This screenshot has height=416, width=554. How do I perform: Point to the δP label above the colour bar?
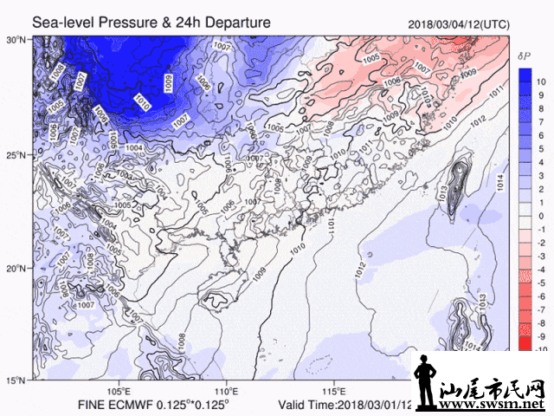524,56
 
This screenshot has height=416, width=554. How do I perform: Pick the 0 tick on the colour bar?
540,215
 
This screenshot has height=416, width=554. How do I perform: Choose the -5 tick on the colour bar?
538,283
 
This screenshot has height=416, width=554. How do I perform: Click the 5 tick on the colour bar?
540,148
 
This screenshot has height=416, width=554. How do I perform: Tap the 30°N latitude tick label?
16,40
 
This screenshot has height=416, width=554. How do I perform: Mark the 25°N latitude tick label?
16,154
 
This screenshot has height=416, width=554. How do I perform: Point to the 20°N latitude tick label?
16,268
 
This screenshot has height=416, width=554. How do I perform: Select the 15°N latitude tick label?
16,380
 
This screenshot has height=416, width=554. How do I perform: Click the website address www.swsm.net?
496,405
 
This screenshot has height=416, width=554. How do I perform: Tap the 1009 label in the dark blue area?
166,84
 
